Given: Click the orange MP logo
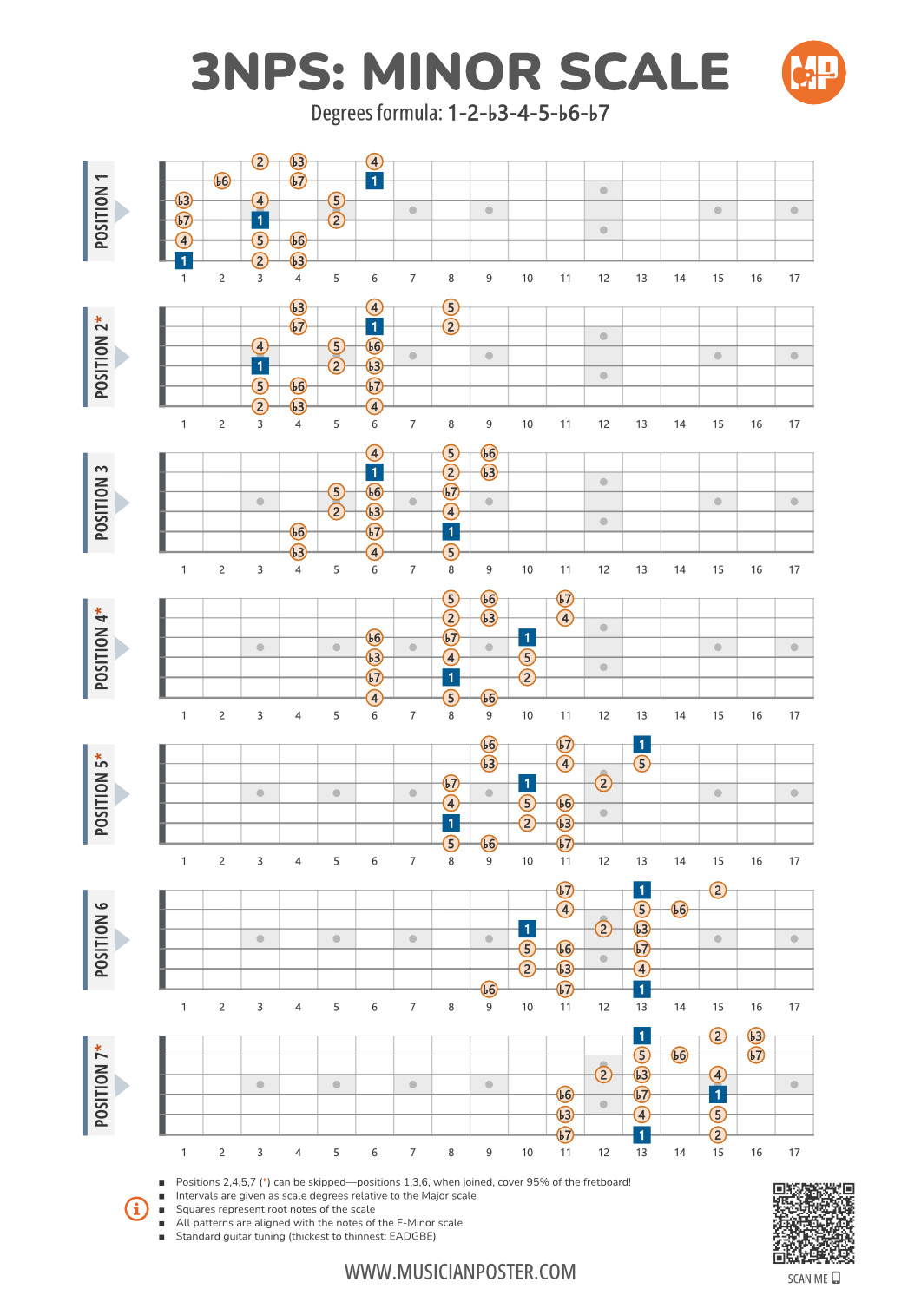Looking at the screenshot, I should pos(813,72).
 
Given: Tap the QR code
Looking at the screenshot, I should pos(813,1223).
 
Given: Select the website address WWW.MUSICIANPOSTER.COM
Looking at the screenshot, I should pos(460,1272).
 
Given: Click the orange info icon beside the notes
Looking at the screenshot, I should pos(136,1208).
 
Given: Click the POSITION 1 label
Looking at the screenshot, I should pos(102,211).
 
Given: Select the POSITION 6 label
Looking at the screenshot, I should pos(102,939).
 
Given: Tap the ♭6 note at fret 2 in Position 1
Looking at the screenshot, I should pos(222,181).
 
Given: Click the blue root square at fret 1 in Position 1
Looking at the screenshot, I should pos(184,260).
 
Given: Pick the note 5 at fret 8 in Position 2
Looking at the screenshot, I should pos(451,307).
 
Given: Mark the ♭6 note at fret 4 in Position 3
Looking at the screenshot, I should pos(298,531).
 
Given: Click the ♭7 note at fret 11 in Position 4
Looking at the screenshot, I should pos(565,599).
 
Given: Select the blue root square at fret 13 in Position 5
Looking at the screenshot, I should pos(641,744).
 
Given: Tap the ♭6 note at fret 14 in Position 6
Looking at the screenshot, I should pos(680,910).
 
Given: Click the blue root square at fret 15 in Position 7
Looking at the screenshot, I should pos(718,1095).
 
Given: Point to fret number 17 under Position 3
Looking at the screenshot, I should pos(794,570).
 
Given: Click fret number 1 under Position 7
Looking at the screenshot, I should pos(184,1153).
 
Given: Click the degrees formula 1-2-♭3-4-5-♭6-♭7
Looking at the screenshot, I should pos(528,114).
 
